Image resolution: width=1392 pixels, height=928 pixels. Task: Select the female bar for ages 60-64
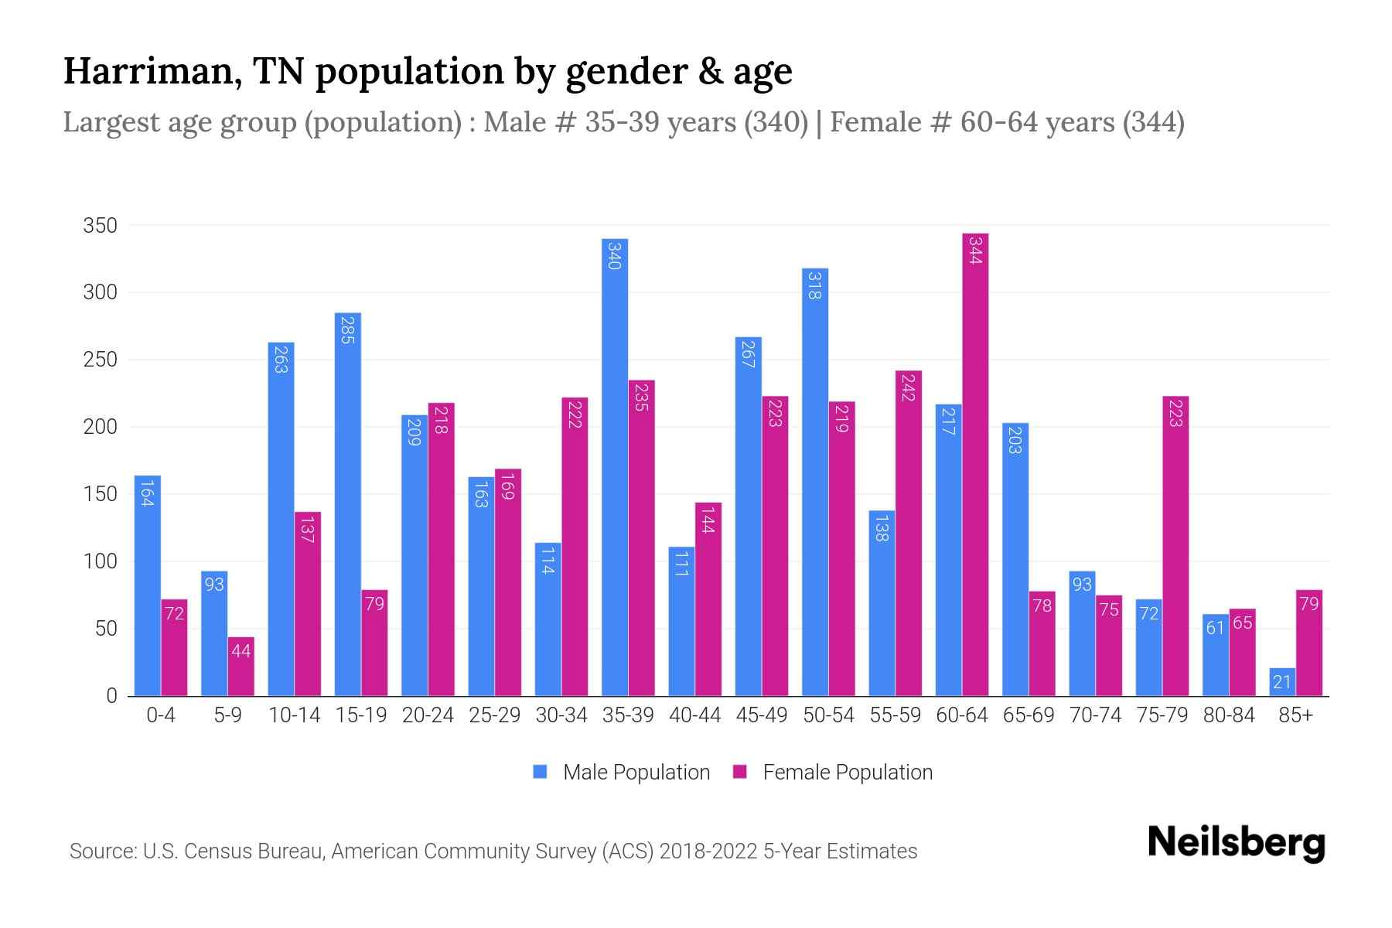(975, 464)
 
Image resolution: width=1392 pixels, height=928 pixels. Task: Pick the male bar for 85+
(1281, 682)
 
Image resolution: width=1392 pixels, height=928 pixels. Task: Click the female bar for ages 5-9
(241, 667)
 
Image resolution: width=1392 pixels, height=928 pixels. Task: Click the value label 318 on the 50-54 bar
(814, 285)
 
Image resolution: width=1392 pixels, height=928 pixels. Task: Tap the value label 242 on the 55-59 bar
(909, 387)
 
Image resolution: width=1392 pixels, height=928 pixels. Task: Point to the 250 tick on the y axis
(101, 360)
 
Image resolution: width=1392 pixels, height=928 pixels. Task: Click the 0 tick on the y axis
(111, 696)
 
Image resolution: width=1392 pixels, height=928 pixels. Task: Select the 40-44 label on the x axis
(694, 715)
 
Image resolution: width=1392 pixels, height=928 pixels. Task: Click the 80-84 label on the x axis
(1228, 715)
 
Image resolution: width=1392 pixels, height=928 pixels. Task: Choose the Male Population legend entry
(622, 772)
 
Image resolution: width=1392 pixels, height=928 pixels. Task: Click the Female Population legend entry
(834, 772)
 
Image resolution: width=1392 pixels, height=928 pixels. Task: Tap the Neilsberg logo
(1236, 842)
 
